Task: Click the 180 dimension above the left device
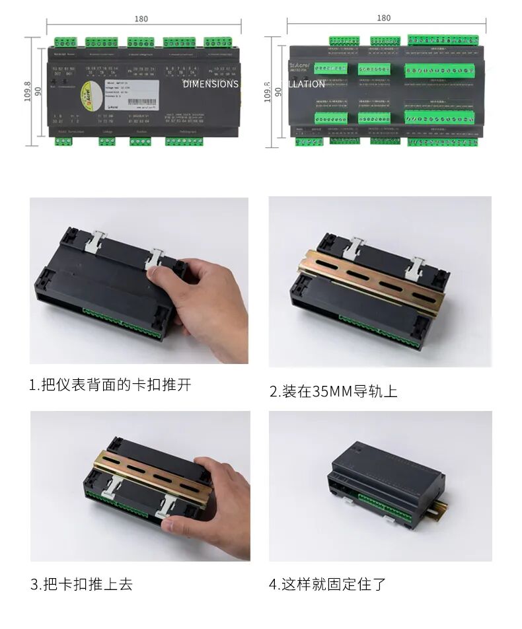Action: point(141,18)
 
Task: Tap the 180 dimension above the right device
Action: point(383,18)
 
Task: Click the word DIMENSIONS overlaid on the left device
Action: point(210,84)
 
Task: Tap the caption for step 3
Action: point(81,584)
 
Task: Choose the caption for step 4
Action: point(327,584)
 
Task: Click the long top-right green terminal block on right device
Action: point(441,40)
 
